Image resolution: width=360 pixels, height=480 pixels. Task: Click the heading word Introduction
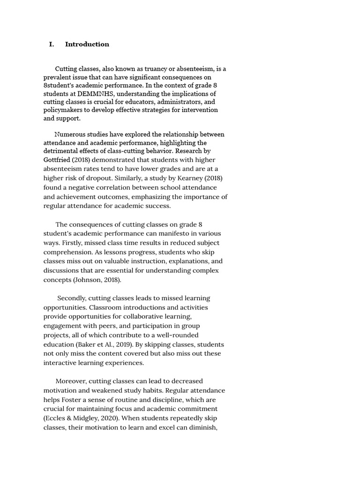coord(87,45)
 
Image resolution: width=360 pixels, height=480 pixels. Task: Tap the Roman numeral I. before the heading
coord(52,45)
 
